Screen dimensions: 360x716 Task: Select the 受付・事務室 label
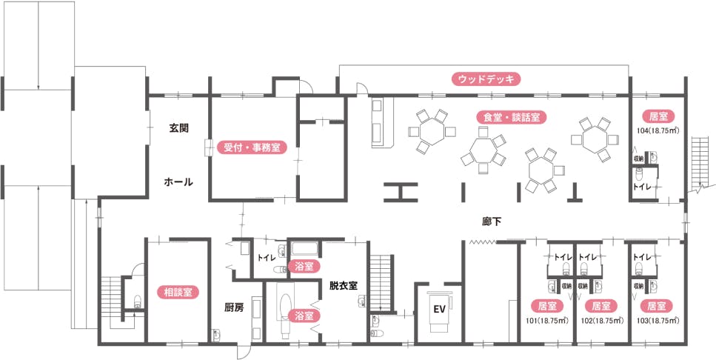pyautogui.click(x=251, y=147)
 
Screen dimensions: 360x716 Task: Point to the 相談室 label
pyautogui.click(x=178, y=292)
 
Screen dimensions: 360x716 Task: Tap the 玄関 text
pyautogui.click(x=178, y=128)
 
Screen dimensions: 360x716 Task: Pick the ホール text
pyautogui.click(x=178, y=181)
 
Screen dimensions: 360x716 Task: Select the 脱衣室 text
pyautogui.click(x=344, y=284)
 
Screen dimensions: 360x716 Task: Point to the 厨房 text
pyautogui.click(x=234, y=306)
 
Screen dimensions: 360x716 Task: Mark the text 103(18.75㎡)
pyautogui.click(x=657, y=321)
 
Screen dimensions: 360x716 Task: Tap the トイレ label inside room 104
pyautogui.click(x=642, y=187)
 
